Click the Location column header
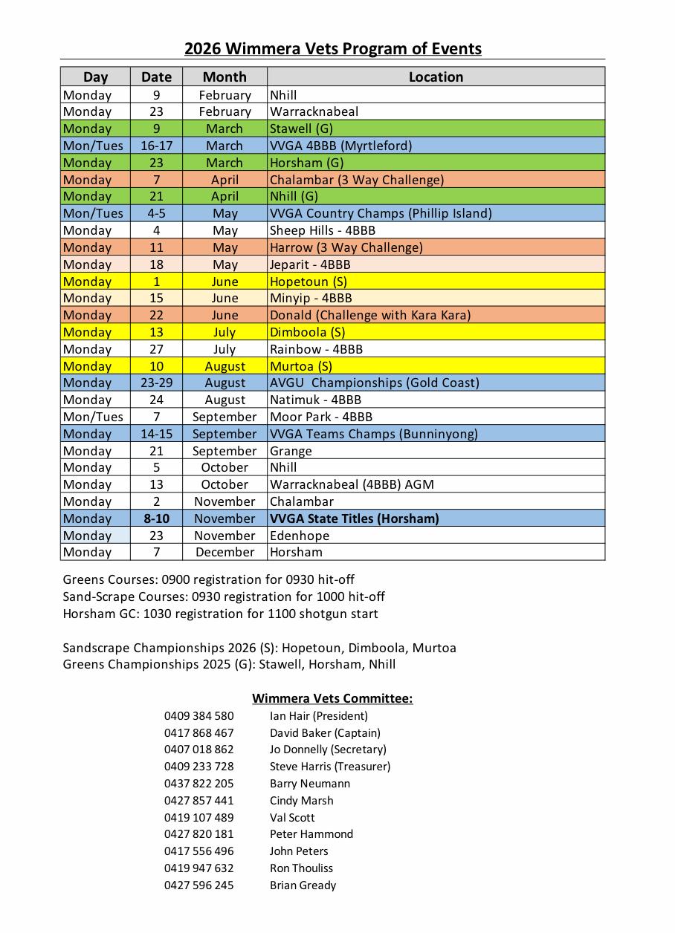point(436,77)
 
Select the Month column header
point(225,77)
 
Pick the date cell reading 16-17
point(156,146)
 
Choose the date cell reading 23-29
point(156,383)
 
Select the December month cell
point(225,552)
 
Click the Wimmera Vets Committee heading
point(332,698)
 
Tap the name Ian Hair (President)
point(318,716)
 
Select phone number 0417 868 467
point(198,733)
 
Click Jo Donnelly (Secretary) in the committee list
point(328,750)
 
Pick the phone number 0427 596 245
point(198,885)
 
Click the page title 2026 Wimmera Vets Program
point(332,49)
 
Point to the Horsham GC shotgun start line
point(220,614)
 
